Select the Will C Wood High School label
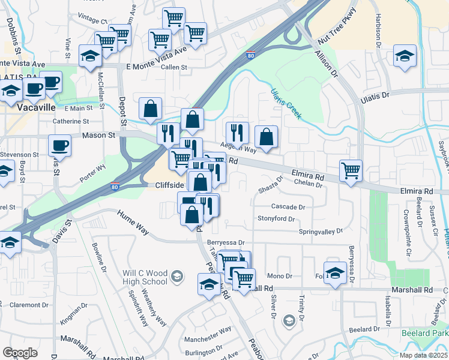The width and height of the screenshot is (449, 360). pyautogui.click(x=145, y=277)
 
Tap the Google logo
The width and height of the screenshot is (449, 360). pyautogui.click(x=20, y=352)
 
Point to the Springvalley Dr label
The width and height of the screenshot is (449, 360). pyautogui.click(x=321, y=231)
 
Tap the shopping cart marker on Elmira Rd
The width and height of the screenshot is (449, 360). pyautogui.click(x=350, y=170)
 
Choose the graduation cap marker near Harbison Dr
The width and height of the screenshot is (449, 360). pyautogui.click(x=405, y=57)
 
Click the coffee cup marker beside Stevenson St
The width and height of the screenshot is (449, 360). pyautogui.click(x=59, y=145)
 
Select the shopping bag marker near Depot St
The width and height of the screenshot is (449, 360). pyautogui.click(x=150, y=108)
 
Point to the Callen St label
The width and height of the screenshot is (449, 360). pyautogui.click(x=174, y=67)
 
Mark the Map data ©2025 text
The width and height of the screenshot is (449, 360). pyautogui.click(x=423, y=355)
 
